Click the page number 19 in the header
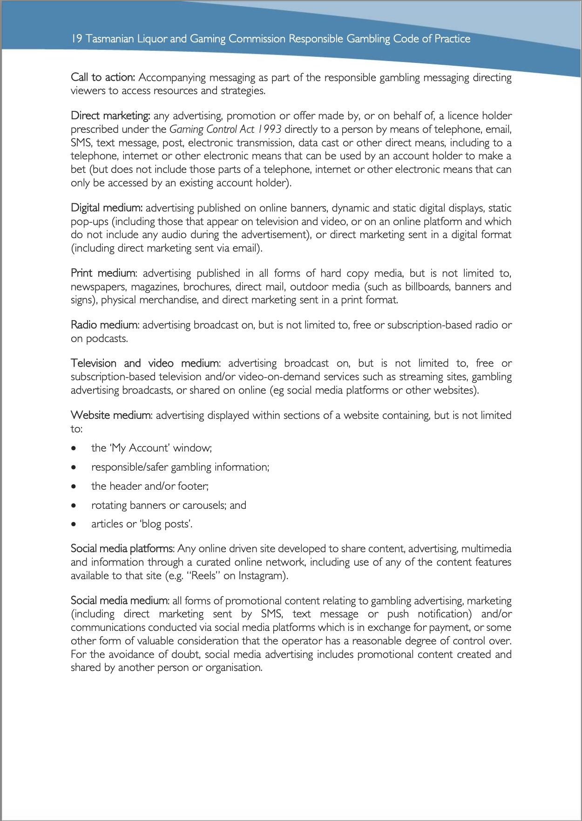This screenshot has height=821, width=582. click(77, 39)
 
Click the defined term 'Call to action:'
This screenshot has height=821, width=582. click(102, 77)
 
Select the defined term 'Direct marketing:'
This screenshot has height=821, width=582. click(110, 116)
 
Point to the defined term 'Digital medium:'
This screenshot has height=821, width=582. click(107, 208)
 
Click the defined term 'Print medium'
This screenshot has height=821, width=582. click(103, 273)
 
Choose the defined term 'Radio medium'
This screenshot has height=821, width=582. click(104, 325)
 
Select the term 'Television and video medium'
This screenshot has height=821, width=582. click(145, 363)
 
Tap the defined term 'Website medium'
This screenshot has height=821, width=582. click(111, 415)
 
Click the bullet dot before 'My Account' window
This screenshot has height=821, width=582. click(74, 448)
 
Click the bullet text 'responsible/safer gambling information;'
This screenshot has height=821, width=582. click(180, 467)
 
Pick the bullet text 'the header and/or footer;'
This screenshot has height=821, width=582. click(150, 486)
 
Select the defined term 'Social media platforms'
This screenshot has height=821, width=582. click(122, 549)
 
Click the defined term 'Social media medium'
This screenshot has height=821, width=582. click(119, 601)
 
